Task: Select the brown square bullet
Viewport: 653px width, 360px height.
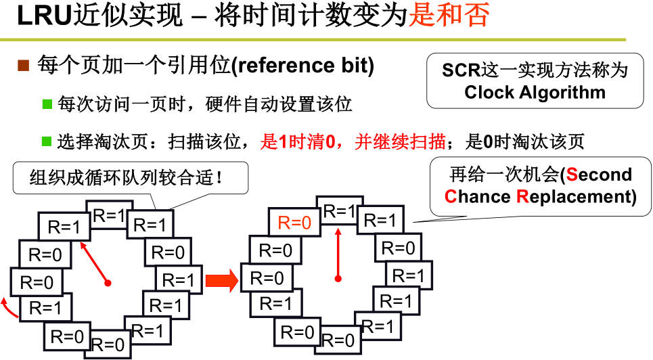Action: (23, 66)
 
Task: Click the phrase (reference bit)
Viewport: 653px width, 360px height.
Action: (302, 66)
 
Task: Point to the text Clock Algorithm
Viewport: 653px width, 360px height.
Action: (535, 92)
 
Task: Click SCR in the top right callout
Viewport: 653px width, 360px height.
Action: (460, 70)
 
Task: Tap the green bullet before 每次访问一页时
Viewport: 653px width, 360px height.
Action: (47, 104)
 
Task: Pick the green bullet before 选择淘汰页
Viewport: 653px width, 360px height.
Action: (47, 141)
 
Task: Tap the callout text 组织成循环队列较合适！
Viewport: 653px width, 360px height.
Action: (127, 179)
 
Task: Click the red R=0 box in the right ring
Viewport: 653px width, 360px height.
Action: (295, 222)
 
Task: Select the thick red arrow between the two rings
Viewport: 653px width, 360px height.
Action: (222, 279)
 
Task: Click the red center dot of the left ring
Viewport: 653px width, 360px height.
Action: (108, 282)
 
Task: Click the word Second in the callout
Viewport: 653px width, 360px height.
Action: (598, 175)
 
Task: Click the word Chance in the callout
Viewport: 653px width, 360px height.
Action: (478, 197)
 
